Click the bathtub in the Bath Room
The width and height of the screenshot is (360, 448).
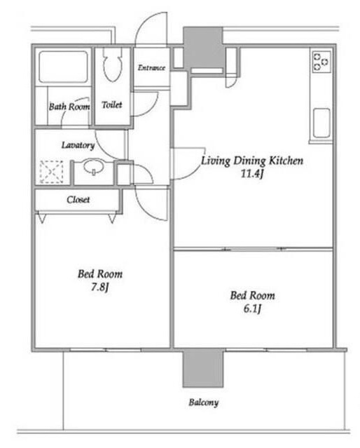pyautogui.click(x=63, y=67)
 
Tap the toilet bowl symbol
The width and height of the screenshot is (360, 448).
pyautogui.click(x=113, y=65)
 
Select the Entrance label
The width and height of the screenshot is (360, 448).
pyautogui.click(x=151, y=68)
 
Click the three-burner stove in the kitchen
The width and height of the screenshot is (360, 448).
pyautogui.click(x=321, y=62)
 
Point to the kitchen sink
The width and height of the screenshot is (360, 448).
pyautogui.click(x=321, y=123)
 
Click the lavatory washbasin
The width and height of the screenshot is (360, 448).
pyautogui.click(x=94, y=167)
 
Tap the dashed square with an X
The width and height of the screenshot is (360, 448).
pyautogui.click(x=51, y=172)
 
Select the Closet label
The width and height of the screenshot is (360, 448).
pyautogui.click(x=78, y=199)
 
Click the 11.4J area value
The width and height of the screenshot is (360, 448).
pyautogui.click(x=252, y=173)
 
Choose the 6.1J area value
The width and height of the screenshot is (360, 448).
pyautogui.click(x=253, y=308)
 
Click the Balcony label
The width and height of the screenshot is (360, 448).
pyautogui.click(x=204, y=402)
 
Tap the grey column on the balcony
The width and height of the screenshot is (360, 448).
pyautogui.click(x=202, y=369)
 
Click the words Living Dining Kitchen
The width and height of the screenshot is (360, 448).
pyautogui.click(x=252, y=161)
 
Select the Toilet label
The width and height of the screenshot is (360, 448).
pyautogui.click(x=112, y=105)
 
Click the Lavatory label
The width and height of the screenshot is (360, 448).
pyautogui.click(x=78, y=145)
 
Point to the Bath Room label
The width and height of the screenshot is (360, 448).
pyautogui.click(x=69, y=107)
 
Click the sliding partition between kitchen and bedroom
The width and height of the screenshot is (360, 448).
pyautogui.click(x=254, y=250)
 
